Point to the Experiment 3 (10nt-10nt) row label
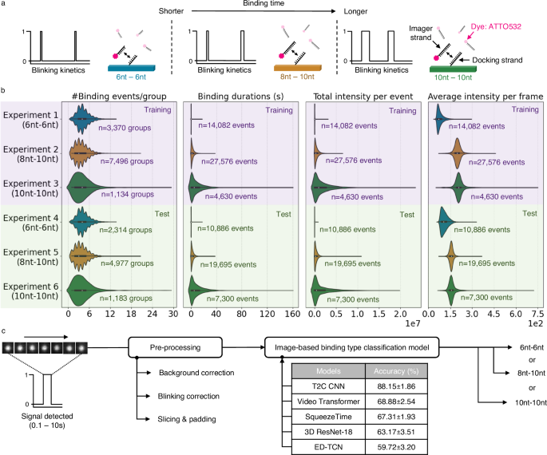(x=32, y=186)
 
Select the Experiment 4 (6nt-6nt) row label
(x=32, y=221)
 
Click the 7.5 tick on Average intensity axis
(x=537, y=315)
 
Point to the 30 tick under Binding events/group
(x=172, y=315)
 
